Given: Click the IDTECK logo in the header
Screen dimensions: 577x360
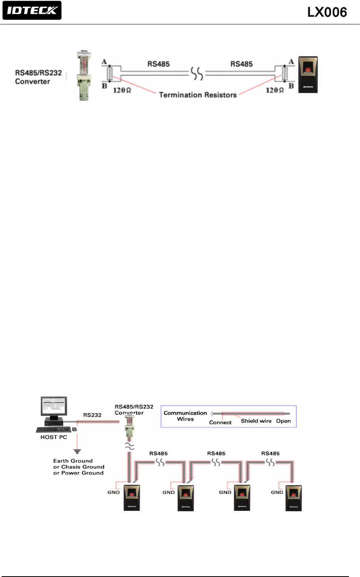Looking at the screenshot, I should [32, 11].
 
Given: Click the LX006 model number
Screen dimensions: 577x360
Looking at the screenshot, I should [327, 12].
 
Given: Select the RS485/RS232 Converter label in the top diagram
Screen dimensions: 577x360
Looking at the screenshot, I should [38, 77].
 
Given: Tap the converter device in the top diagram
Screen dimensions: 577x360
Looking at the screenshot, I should [84, 76].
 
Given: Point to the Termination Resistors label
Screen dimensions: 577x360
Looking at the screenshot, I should [198, 95].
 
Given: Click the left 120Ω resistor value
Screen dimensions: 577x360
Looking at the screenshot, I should [122, 90].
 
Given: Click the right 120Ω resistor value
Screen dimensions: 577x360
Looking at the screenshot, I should [275, 90].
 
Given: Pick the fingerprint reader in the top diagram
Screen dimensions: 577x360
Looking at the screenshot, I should [308, 75].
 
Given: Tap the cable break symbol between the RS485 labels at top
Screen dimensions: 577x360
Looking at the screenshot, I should [197, 73].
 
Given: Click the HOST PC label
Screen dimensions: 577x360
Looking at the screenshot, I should [54, 437].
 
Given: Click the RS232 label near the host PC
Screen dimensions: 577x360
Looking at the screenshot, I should [92, 415].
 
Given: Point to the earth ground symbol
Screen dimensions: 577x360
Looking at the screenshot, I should [77, 451].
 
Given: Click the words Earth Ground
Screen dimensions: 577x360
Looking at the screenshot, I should [73, 461].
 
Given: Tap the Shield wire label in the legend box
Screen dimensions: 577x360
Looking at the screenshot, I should [256, 421].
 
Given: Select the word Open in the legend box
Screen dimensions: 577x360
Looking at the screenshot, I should [283, 421].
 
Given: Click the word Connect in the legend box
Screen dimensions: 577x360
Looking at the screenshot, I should [220, 422].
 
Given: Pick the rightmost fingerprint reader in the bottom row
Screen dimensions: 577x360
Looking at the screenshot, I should [293, 498].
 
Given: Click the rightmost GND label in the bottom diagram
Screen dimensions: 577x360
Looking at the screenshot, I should [277, 492].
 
